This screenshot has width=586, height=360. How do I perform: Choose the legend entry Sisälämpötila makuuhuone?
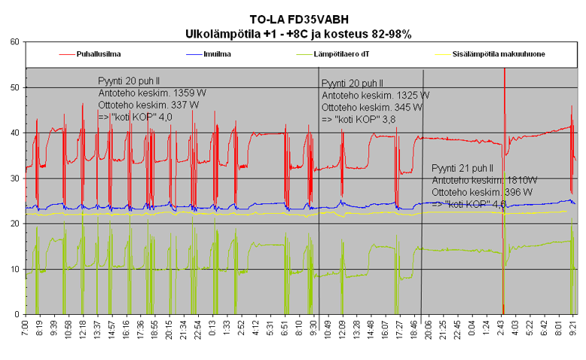[499, 55]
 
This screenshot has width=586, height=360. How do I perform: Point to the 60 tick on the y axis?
[14, 42]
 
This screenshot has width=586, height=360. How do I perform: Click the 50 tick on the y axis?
[14, 87]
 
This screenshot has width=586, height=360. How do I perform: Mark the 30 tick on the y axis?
[14, 178]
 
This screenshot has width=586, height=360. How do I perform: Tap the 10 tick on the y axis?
[14, 269]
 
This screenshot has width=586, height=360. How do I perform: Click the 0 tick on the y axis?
[17, 314]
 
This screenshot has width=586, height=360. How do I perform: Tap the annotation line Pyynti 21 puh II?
[462, 169]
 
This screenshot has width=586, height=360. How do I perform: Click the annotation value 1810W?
[521, 181]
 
